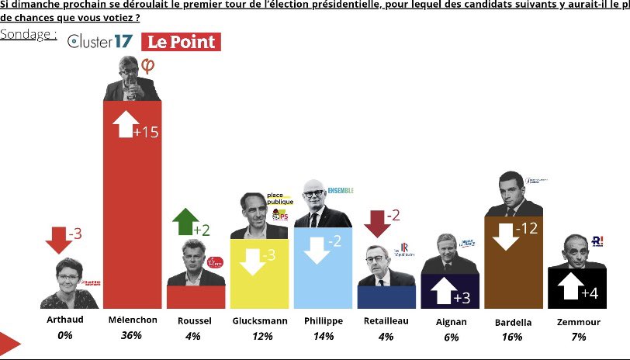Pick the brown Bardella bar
[x=513, y=264]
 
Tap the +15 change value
[x=146, y=133]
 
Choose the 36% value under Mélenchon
[x=131, y=336]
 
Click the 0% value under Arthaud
[x=65, y=336]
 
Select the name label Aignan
[x=450, y=320]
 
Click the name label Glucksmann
[x=260, y=320]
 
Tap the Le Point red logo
[x=181, y=43]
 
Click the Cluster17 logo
[x=101, y=43]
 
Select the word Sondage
[x=28, y=35]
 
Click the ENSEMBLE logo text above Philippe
[x=340, y=189]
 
